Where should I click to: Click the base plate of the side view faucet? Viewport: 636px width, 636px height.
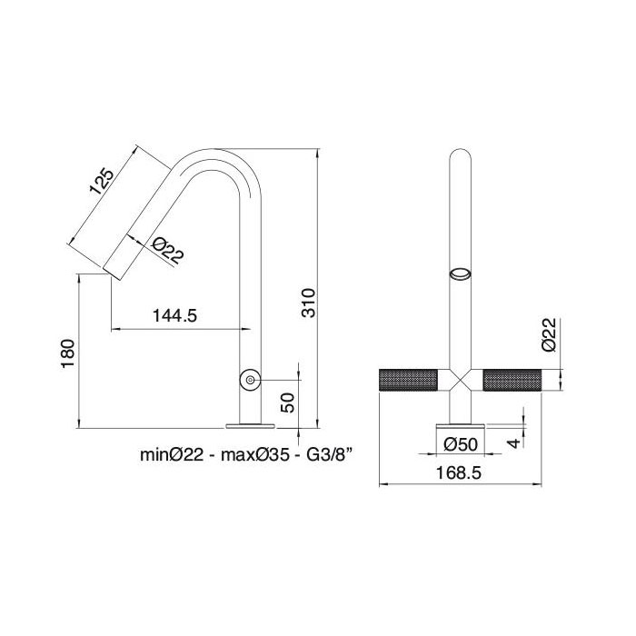(248, 422)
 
